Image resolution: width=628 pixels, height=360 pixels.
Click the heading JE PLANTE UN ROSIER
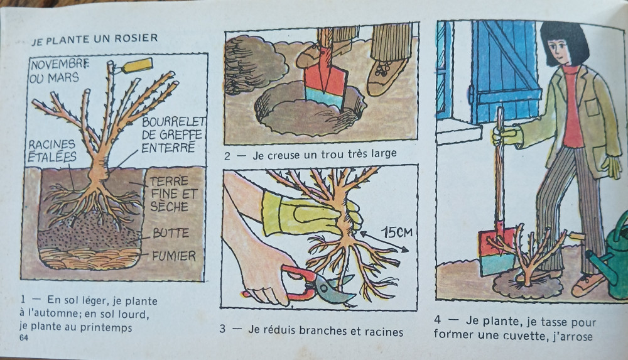[95, 40]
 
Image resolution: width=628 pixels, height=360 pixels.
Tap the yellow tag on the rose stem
[137, 65]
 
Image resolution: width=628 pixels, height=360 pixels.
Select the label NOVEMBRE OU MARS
[59, 71]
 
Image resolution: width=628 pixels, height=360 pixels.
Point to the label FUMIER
[174, 256]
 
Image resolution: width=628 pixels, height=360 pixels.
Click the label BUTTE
[171, 233]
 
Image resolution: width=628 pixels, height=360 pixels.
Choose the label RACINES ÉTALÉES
[52, 150]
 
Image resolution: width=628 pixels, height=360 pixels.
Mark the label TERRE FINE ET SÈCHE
[173, 194]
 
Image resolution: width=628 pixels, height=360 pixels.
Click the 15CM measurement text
[396, 232]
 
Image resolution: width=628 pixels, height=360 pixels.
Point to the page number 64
[24, 337]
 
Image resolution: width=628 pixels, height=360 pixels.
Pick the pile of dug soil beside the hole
[254, 64]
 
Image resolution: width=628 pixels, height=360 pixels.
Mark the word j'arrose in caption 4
[571, 337]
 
